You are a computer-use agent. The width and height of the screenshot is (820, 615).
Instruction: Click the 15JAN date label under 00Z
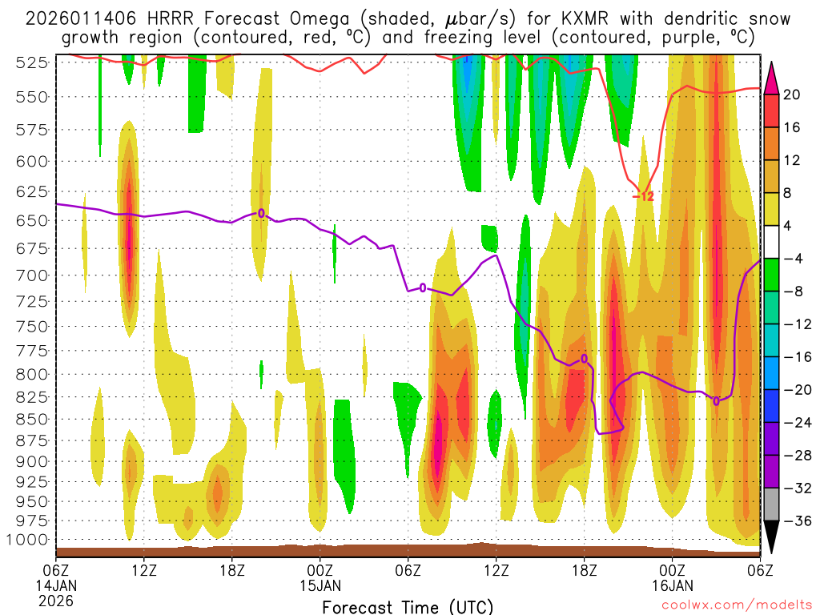[x=320, y=586]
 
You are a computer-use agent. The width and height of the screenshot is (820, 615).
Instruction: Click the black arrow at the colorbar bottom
[x=771, y=537]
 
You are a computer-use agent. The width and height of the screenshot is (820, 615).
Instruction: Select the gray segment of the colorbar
[x=771, y=504]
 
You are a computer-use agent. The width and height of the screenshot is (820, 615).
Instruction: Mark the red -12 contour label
[x=644, y=196]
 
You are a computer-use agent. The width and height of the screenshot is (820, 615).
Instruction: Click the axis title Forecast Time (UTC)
[x=408, y=606]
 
